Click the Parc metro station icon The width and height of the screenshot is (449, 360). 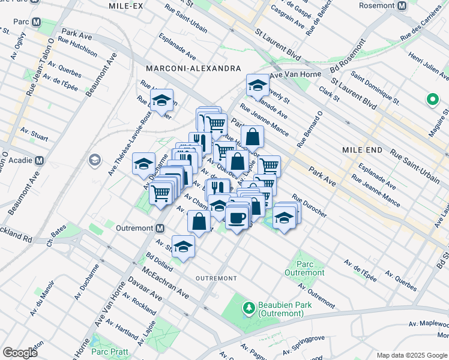(x=37, y=22)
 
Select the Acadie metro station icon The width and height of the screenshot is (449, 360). (x=40, y=161)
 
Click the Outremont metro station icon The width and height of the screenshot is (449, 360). (x=160, y=228)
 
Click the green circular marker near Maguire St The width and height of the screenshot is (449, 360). (x=432, y=100)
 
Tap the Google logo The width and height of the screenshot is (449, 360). (x=20, y=352)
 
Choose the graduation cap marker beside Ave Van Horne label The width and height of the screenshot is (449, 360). (x=257, y=85)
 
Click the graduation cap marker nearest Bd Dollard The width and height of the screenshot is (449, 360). (x=183, y=245)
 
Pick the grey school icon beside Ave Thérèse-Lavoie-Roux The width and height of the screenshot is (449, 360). (x=95, y=160)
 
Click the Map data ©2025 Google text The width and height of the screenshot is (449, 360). (x=411, y=355)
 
